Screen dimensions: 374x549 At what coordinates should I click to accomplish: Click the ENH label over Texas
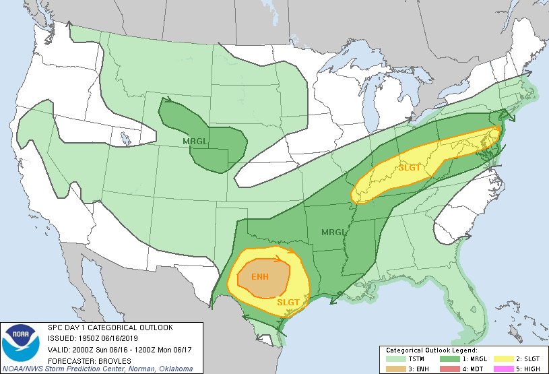(259, 277)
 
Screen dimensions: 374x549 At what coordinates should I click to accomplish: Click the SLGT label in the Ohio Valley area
(410, 167)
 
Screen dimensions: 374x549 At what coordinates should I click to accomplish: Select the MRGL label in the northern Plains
(195, 141)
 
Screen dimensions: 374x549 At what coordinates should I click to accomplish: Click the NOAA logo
(22, 343)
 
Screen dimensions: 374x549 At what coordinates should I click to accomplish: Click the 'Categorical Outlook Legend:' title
(431, 350)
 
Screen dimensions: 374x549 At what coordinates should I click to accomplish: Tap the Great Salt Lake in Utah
(126, 139)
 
